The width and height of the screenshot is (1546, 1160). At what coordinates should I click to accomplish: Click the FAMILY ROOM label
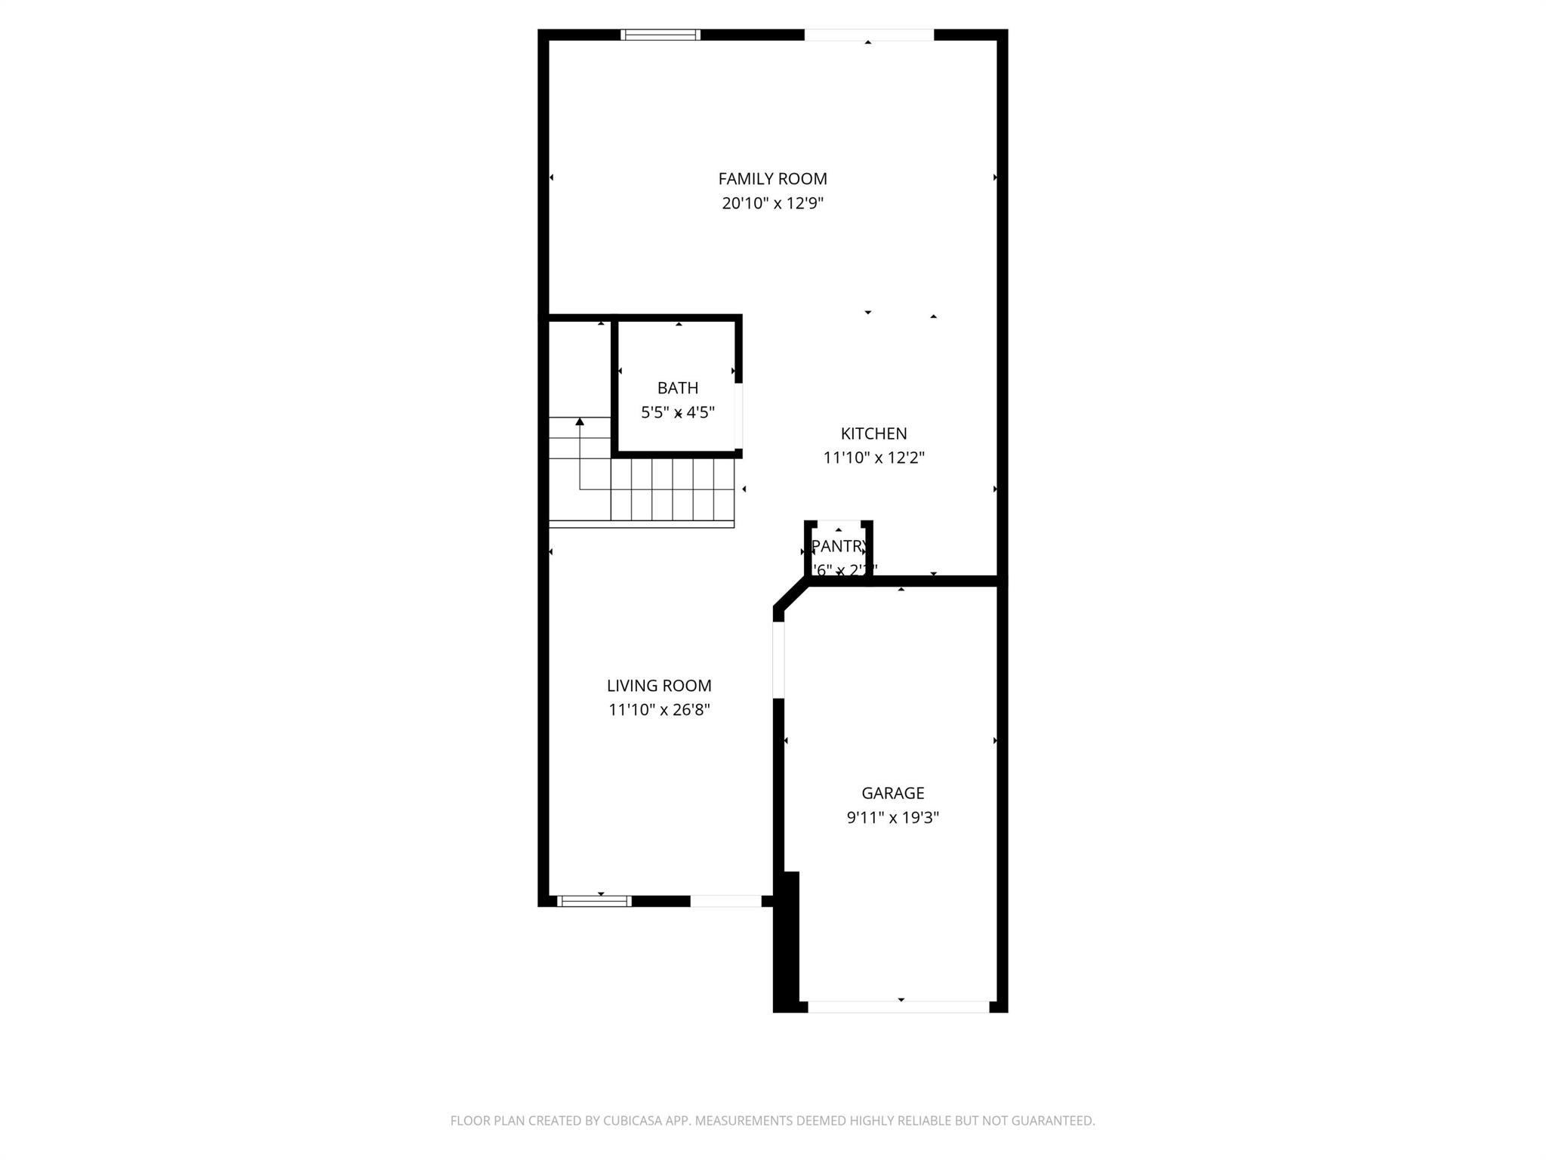772,179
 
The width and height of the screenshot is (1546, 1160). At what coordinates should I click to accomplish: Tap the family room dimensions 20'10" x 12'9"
772,203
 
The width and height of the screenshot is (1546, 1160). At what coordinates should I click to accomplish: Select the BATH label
677,388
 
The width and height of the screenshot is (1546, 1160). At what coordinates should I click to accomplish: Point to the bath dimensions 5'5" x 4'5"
677,412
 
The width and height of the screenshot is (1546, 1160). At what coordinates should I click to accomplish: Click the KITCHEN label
873,433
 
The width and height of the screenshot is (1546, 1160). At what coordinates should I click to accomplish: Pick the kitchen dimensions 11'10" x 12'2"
873,458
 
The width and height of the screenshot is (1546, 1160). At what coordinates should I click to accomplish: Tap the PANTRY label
839,546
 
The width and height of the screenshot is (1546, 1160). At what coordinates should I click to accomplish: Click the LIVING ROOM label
659,686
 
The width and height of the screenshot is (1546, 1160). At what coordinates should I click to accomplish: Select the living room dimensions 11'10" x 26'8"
659,710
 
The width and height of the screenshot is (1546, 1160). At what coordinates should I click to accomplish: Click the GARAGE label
892,793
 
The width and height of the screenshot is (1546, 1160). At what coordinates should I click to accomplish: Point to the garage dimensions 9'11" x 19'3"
892,817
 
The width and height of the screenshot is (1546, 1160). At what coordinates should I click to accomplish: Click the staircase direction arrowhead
580,421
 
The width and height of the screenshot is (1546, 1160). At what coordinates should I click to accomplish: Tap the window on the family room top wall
661,35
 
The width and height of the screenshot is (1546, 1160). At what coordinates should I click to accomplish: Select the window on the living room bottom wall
594,901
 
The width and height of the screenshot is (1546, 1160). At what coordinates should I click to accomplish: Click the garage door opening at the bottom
898,1007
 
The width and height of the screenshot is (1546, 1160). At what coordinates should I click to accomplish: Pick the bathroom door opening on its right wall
739,416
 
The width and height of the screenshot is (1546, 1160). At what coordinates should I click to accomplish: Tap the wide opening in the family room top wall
869,35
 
